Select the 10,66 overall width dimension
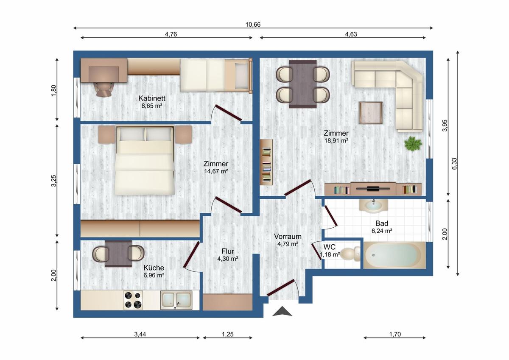pyautogui.click(x=253, y=24)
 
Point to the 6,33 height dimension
pyautogui.click(x=455, y=163)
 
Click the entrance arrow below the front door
pyautogui.click(x=282, y=312)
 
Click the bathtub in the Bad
pyautogui.click(x=394, y=255)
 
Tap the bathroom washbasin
pyautogui.click(x=374, y=205)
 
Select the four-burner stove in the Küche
pyautogui.click(x=133, y=300)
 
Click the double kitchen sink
pyautogui.click(x=176, y=300)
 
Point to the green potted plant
pyautogui.click(x=413, y=144)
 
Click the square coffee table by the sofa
pyautogui.click(x=370, y=113)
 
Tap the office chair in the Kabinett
pyautogui.click(x=104, y=89)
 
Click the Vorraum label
pyautogui.click(x=288, y=236)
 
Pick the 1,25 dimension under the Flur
pyautogui.click(x=227, y=334)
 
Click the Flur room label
pyautogui.click(x=227, y=251)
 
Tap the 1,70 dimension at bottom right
pyautogui.click(x=394, y=334)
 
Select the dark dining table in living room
pyautogui.click(x=302, y=84)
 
